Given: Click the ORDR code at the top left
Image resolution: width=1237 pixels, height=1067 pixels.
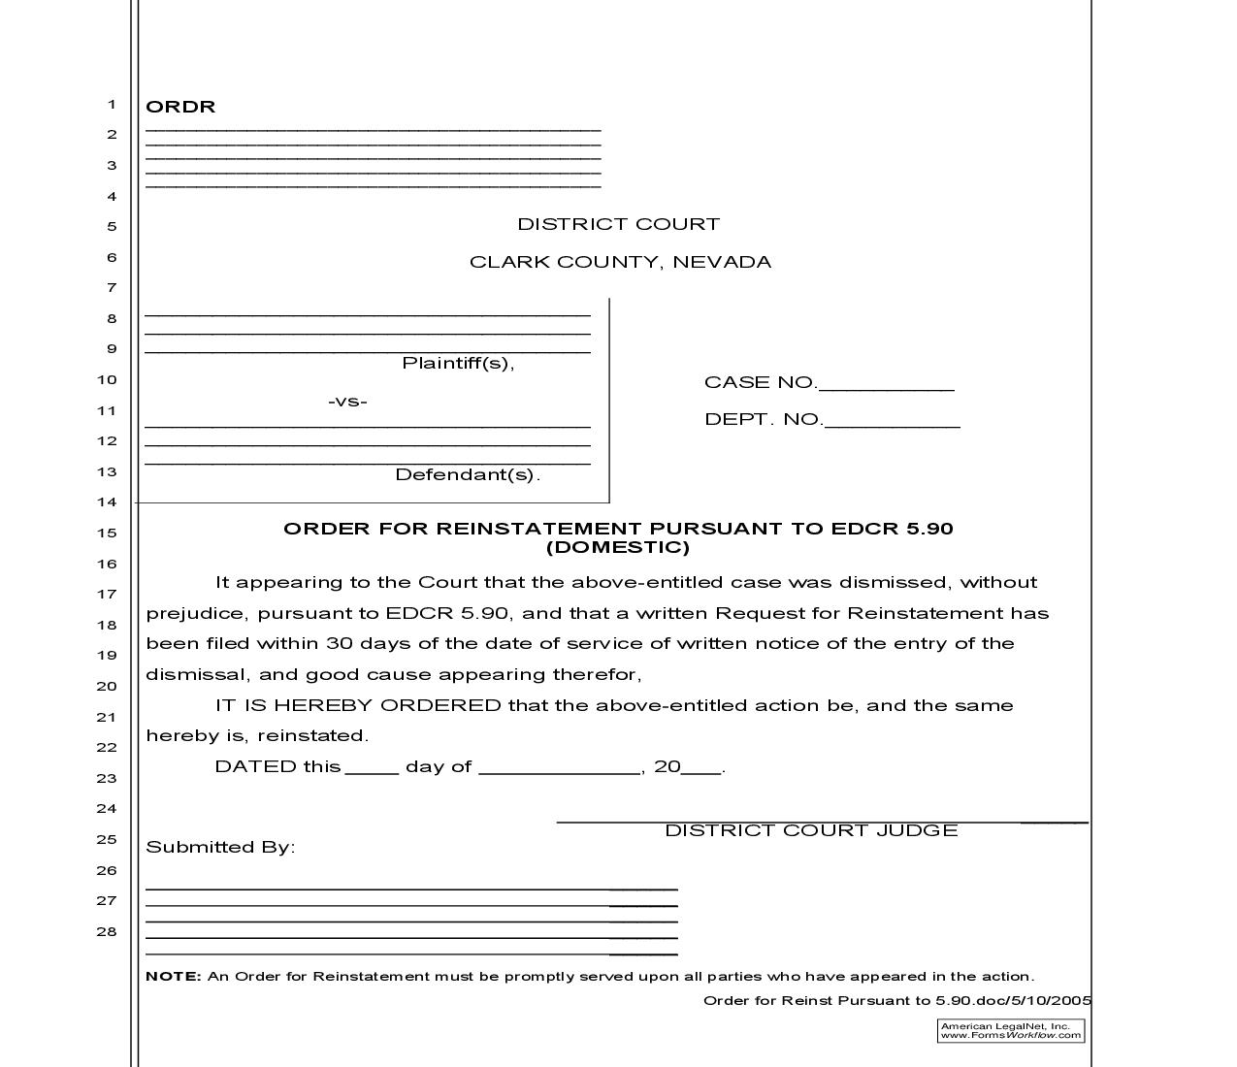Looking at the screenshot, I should (180, 107).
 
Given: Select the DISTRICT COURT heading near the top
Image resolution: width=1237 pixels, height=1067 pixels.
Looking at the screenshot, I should (618, 224).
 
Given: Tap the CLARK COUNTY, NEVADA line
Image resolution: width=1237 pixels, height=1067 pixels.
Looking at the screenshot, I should (620, 262).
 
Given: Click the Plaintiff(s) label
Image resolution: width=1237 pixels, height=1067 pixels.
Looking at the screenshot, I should (458, 363).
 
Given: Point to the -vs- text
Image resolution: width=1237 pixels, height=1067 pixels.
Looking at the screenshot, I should (347, 402).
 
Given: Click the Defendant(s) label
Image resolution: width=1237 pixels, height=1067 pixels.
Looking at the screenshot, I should (467, 474).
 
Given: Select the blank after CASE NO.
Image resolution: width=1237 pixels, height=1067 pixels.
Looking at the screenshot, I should (886, 384).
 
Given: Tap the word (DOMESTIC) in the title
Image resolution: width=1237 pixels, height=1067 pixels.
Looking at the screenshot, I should (618, 547).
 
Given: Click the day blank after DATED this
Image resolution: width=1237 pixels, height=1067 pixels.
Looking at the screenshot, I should (372, 768).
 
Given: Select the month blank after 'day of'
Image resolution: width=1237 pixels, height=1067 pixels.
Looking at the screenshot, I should (559, 768).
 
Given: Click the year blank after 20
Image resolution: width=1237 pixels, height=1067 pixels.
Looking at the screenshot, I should (701, 768).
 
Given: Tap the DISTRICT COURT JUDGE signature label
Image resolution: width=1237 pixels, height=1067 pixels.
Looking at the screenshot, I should (811, 830).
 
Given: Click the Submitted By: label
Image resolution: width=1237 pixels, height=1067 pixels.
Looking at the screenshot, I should (220, 847).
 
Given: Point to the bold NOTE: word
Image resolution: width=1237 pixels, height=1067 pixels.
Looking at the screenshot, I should (173, 977).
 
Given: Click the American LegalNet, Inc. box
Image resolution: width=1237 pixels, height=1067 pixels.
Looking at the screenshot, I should (1010, 1030).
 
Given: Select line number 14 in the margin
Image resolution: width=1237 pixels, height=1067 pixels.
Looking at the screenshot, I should (107, 502).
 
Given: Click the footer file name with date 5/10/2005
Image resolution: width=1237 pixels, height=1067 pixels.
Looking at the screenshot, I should (896, 1001).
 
